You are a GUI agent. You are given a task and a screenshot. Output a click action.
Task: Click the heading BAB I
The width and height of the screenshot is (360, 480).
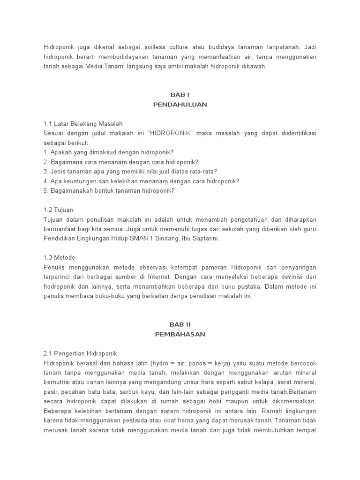(x=180, y=95)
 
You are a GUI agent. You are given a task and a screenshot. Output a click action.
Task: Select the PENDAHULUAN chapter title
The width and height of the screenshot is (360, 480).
(x=180, y=105)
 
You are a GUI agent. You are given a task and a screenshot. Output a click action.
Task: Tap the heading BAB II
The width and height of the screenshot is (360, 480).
(x=180, y=324)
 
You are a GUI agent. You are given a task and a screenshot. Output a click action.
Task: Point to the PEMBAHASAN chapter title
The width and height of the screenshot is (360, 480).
(x=180, y=334)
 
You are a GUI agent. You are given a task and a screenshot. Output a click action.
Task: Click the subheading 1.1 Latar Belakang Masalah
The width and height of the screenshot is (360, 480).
(x=83, y=124)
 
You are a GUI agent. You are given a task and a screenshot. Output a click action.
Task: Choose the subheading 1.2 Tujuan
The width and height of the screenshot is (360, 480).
(x=59, y=210)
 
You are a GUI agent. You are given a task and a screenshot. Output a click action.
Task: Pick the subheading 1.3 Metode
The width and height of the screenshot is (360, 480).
(x=59, y=257)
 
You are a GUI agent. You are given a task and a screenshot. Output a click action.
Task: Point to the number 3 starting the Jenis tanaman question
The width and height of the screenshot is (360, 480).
(x=45, y=172)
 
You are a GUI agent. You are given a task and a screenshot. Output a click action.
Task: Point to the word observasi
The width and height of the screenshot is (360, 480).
(x=144, y=267)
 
